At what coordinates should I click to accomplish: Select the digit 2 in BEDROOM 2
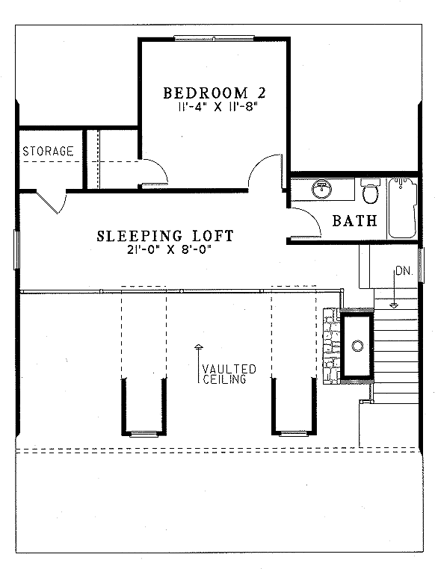pyautogui.click(x=260, y=93)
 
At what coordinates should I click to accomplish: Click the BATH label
pyautogui.click(x=351, y=220)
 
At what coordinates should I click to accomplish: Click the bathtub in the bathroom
pyautogui.click(x=404, y=208)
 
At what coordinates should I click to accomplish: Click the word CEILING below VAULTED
pyautogui.click(x=226, y=379)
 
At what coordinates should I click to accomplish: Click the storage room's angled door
pyautogui.click(x=67, y=199)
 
